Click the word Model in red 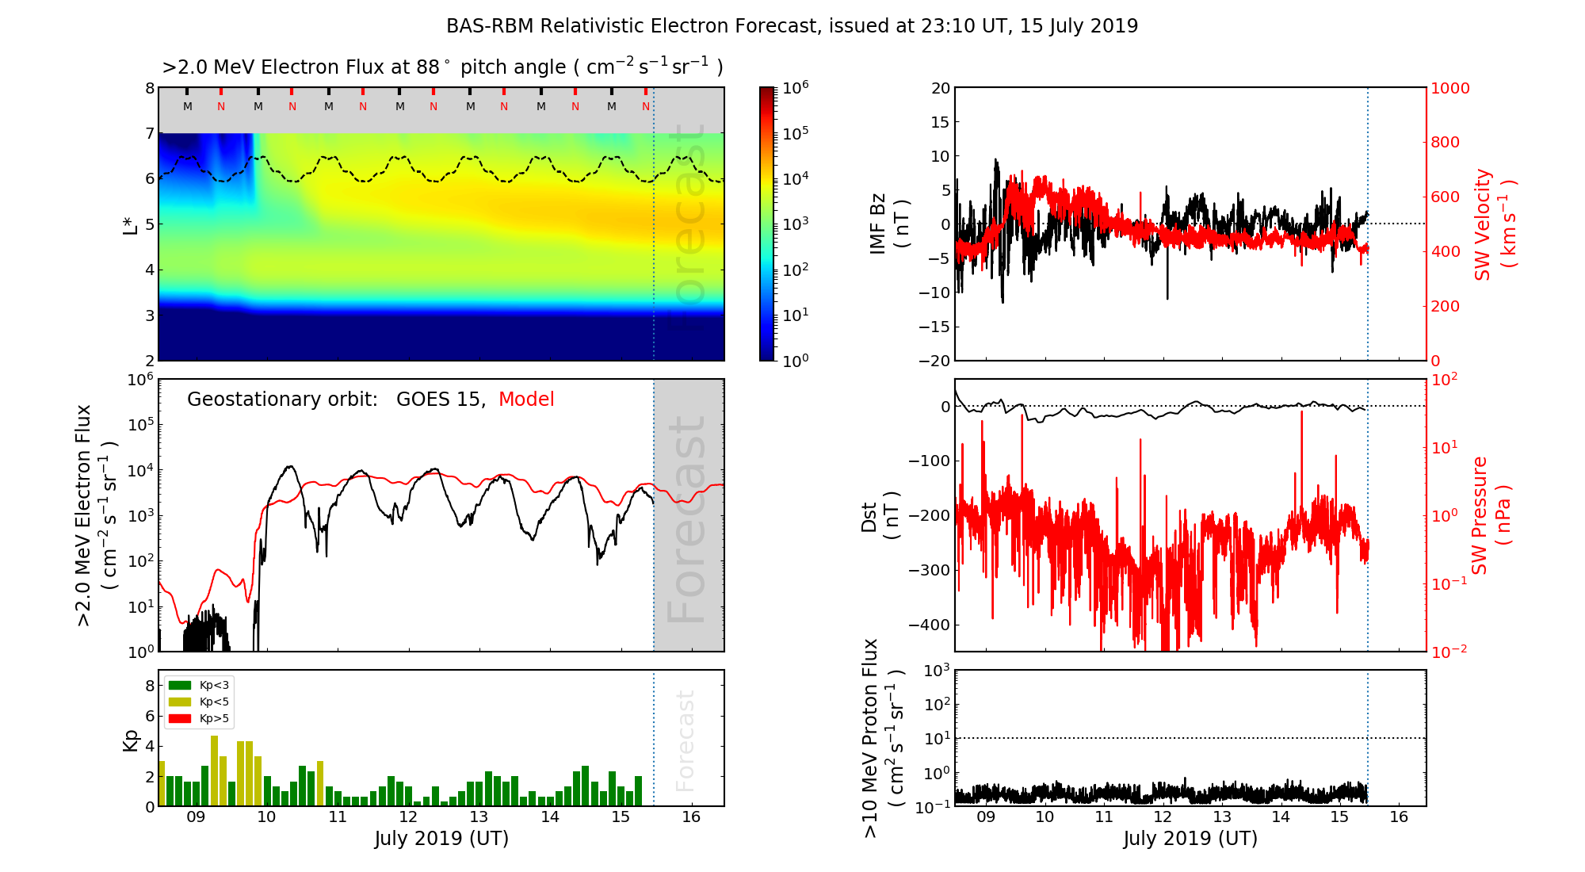[526, 400]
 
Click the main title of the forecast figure [792, 26]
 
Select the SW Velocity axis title [1495, 224]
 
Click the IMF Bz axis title [889, 224]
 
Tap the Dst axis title [880, 516]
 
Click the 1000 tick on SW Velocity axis [1449, 88]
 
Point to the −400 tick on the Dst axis [929, 625]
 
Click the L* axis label [131, 224]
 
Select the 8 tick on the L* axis [149, 88]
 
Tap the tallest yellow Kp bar [214, 771]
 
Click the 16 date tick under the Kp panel [691, 817]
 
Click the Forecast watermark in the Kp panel [685, 740]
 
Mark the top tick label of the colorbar [796, 87]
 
